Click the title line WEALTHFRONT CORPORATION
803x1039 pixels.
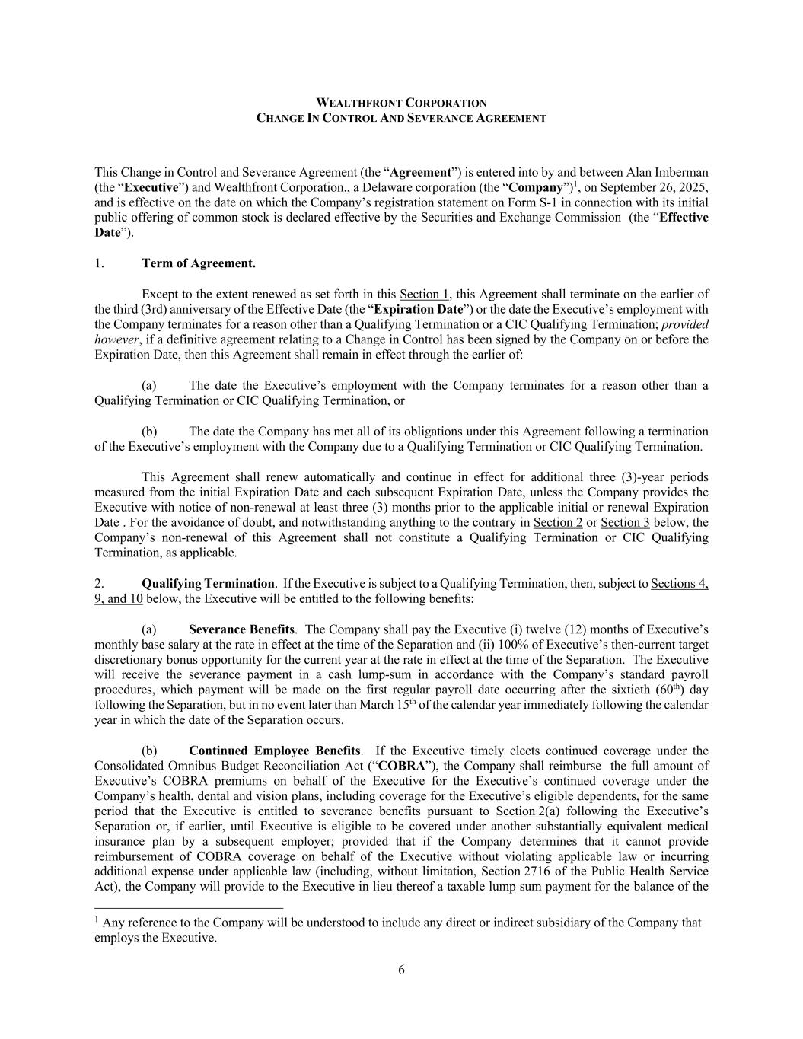point(401,103)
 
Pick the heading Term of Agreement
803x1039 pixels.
point(198,263)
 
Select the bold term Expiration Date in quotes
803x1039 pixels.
point(419,309)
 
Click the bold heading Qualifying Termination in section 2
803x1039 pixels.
point(208,583)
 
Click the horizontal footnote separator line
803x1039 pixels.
point(189,907)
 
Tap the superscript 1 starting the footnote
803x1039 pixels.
point(97,919)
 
